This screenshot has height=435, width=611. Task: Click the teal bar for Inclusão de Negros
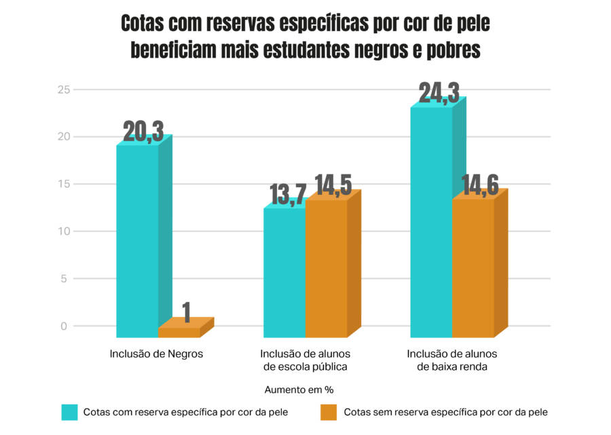tap(138, 241)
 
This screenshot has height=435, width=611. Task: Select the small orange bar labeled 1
tap(180, 332)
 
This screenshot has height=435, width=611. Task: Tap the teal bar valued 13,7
tap(284, 272)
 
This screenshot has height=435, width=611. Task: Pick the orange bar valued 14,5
tap(327, 269)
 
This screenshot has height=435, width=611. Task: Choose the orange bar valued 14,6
tap(473, 268)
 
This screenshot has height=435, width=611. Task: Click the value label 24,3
tap(439, 94)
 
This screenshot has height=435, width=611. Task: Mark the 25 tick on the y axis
tap(63, 90)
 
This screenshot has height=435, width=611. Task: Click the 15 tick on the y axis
tap(63, 184)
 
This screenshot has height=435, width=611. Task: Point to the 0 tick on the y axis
tap(64, 326)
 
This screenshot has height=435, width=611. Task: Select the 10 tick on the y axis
tap(63, 231)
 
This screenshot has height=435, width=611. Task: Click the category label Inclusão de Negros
tap(156, 354)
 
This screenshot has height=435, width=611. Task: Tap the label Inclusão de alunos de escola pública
tap(305, 360)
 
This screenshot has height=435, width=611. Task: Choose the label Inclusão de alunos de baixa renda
tap(452, 360)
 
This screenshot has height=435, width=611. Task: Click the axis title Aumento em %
tap(299, 390)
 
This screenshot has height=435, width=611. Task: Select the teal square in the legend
tap(70, 412)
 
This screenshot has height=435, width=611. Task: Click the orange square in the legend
tap(329, 412)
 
